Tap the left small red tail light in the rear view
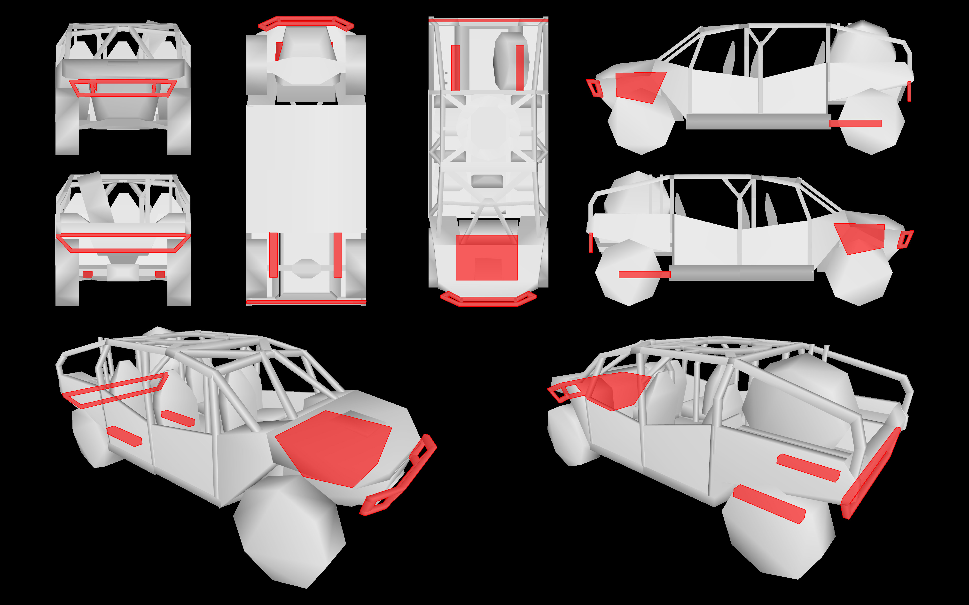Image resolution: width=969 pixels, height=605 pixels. tap(87, 274)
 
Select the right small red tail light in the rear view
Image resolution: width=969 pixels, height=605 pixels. tap(160, 274)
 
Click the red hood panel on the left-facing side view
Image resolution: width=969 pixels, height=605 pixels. tap(638, 86)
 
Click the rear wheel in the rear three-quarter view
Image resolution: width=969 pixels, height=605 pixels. tap(779, 536)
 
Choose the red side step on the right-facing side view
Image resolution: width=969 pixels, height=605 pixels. tap(644, 274)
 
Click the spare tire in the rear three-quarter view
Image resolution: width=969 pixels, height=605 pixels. tap(797, 404)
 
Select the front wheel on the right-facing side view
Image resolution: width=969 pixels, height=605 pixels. tap(859, 276)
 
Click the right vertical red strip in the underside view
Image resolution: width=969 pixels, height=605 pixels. tap(337, 255)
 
